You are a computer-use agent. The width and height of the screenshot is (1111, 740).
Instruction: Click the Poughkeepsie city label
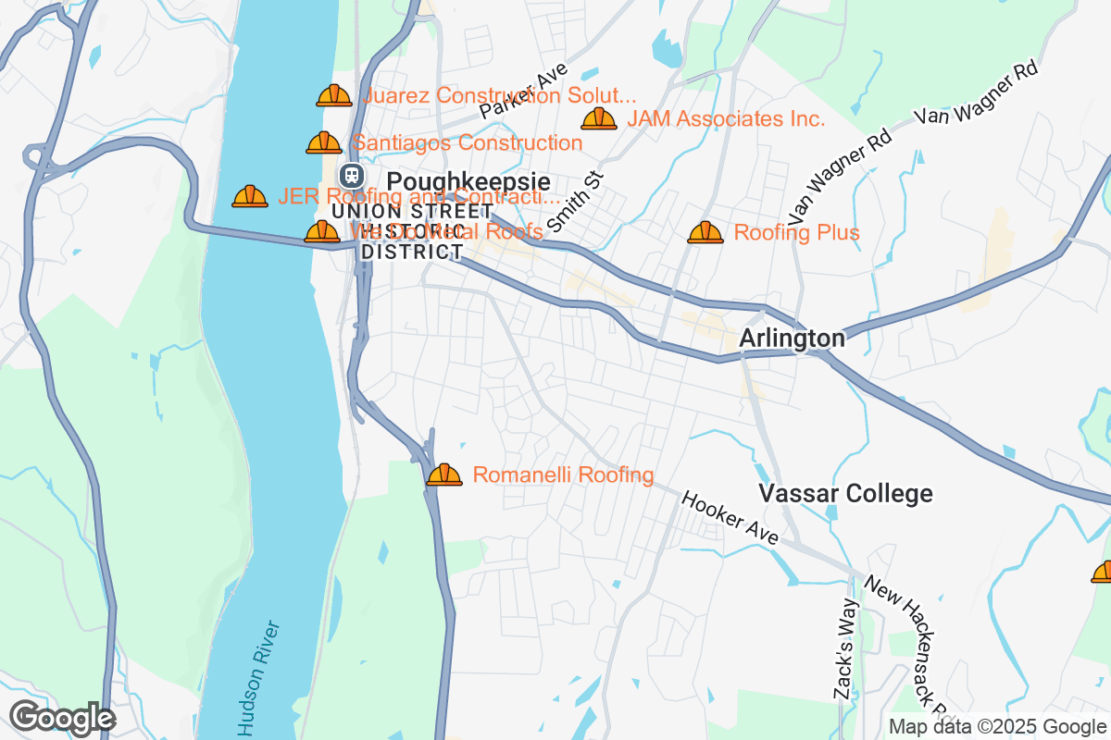(468, 181)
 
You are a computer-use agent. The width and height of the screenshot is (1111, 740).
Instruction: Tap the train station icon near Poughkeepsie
(351, 175)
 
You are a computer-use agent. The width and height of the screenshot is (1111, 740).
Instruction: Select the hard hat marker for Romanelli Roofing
(444, 475)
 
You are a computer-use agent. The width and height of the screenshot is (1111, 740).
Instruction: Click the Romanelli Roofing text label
(563, 475)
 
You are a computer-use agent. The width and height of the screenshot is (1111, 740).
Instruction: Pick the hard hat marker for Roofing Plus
(705, 232)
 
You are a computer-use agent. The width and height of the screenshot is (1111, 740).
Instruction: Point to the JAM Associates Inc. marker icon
(599, 118)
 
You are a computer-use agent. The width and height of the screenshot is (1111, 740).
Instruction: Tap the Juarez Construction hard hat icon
(334, 95)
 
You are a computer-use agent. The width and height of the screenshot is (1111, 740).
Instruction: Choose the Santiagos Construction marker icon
(324, 142)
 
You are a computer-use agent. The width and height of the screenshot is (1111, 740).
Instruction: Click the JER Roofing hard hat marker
(250, 196)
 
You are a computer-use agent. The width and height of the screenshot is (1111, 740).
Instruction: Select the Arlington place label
(792, 339)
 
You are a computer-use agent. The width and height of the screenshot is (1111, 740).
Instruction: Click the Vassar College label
(845, 493)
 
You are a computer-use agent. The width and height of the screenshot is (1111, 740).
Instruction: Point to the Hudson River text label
(258, 678)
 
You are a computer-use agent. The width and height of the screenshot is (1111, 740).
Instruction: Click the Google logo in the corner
(62, 718)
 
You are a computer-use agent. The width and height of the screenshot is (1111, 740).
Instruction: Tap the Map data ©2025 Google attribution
(997, 726)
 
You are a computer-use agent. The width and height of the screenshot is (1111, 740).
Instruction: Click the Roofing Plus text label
(796, 232)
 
